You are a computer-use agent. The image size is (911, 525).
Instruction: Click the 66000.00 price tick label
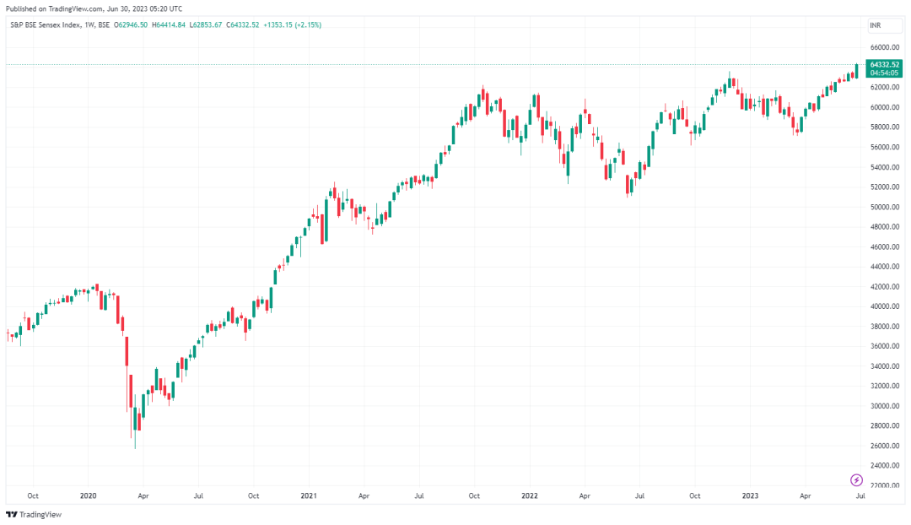point(884,47)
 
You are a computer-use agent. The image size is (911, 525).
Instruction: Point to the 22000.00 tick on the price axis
point(884,484)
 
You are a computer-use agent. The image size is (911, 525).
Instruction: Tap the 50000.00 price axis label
point(884,207)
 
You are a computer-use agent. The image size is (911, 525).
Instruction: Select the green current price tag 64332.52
point(884,68)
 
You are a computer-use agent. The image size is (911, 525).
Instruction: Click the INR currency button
point(875,25)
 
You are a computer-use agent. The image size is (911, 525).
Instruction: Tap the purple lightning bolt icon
point(856,480)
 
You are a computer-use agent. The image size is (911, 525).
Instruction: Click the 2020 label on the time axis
point(88,496)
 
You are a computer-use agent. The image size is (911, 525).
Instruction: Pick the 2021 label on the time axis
point(309,496)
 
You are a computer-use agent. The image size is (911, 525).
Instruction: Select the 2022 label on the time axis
point(529,496)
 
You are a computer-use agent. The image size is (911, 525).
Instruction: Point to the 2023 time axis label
point(750,496)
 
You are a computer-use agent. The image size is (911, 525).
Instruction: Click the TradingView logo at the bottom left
point(34,515)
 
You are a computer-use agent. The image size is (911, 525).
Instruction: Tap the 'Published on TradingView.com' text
point(55,8)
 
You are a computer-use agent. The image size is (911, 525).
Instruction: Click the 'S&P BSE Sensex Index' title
point(46,25)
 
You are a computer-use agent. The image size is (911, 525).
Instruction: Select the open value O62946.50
point(131,25)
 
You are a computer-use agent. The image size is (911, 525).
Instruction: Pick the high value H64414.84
point(169,25)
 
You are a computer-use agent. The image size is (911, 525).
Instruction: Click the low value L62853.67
point(206,25)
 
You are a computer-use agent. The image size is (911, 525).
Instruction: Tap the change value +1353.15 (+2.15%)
point(292,25)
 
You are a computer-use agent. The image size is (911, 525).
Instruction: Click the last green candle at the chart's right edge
point(856,72)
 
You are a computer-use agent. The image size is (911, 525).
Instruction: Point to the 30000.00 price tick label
point(884,406)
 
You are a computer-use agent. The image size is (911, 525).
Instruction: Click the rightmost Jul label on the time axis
point(860,496)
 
